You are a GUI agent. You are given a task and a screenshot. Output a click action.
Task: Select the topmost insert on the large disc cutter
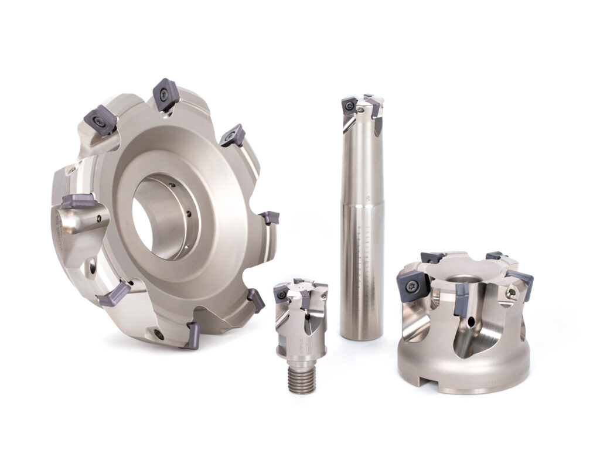point(165,94)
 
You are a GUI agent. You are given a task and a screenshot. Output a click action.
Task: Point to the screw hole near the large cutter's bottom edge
point(159,333)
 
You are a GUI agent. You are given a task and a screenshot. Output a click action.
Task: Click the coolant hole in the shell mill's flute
point(472,321)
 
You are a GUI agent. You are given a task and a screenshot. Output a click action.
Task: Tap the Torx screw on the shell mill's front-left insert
point(408,285)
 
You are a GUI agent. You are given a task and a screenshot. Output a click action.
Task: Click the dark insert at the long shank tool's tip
point(350,107)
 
